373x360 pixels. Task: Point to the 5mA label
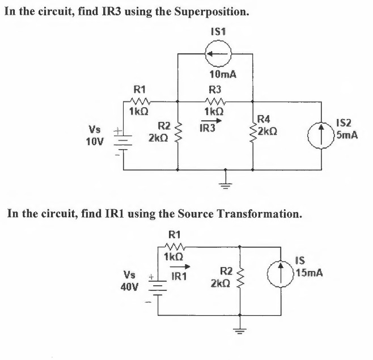[x=346, y=135]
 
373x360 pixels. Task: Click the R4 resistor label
[x=264, y=119]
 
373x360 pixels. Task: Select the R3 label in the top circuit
[x=215, y=89]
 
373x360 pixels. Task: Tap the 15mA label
[x=309, y=272]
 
